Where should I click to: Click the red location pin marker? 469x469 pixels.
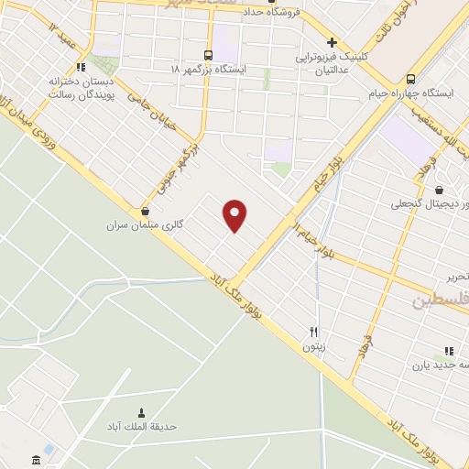(235, 214)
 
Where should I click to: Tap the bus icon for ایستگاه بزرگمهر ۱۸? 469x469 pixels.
(209, 54)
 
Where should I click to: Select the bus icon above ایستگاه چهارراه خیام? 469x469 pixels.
(411, 78)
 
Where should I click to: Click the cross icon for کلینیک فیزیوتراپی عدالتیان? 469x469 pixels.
(333, 42)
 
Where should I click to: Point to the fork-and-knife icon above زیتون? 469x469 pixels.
(313, 333)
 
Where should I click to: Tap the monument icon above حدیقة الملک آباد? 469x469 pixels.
(141, 412)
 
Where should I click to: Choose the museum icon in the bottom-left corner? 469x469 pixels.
(36, 459)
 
